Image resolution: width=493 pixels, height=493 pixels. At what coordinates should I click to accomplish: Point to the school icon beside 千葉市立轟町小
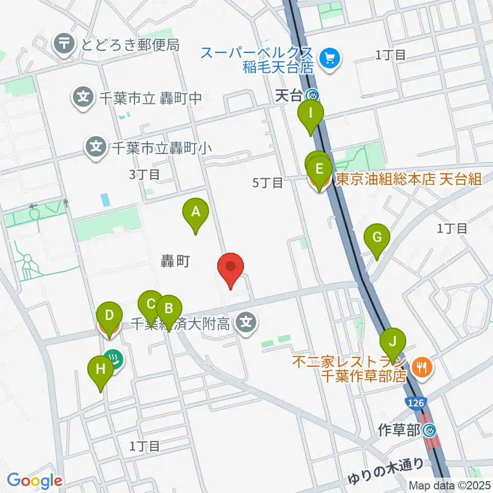96,148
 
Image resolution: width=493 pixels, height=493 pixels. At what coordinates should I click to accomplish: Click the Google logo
35,481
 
